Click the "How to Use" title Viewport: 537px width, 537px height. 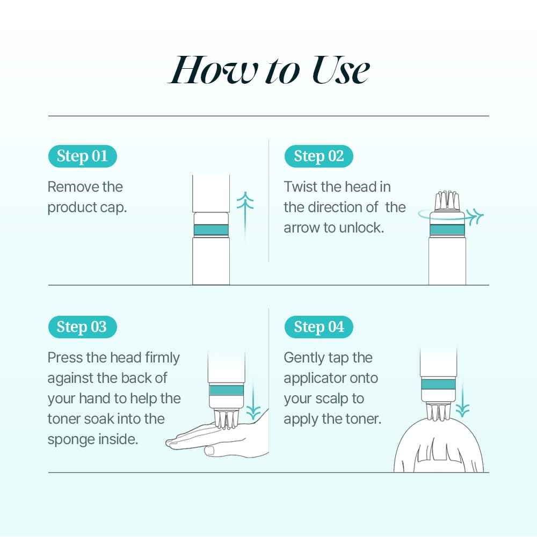(x=268, y=70)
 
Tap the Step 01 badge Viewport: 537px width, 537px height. (x=82, y=156)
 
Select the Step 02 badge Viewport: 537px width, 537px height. (x=319, y=156)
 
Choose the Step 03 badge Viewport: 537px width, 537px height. (x=82, y=327)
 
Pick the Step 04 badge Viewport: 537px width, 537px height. (x=319, y=327)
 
